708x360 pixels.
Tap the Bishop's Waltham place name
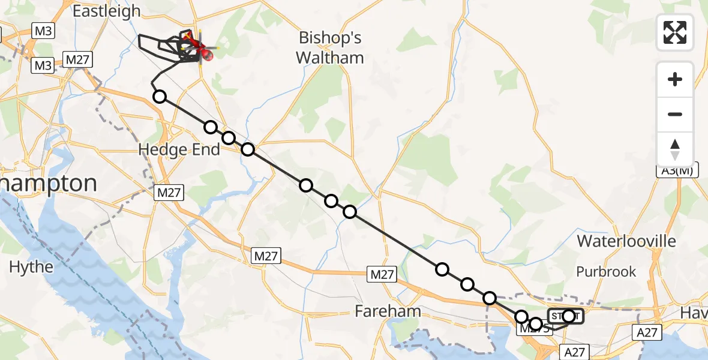(x=331, y=48)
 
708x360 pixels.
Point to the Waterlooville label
(x=626, y=241)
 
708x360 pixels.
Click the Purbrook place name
(x=606, y=272)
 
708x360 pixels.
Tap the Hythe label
(x=31, y=266)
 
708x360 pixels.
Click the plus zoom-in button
(x=675, y=79)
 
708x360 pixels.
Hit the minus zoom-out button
(x=675, y=114)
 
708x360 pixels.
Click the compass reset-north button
(x=675, y=149)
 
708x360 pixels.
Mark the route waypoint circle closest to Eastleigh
(x=159, y=96)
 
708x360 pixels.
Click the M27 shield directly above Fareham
(x=382, y=275)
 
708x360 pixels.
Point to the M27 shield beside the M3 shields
(x=77, y=60)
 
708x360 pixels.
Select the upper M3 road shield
(x=43, y=32)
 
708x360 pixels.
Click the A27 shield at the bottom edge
(x=573, y=352)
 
